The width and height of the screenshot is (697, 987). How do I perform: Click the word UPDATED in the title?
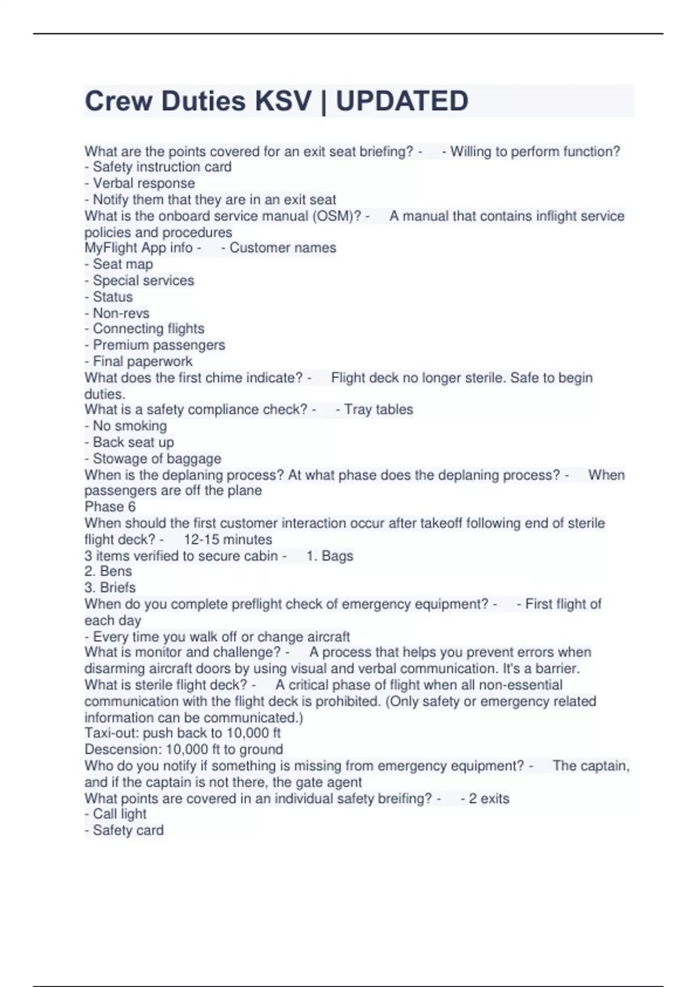402,101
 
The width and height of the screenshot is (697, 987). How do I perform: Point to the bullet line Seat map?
118,264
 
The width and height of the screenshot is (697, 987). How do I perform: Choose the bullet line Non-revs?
117,313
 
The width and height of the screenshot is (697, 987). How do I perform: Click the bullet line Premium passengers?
155,345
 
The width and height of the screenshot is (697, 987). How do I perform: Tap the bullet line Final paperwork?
138,361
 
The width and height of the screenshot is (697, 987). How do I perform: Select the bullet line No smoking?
125,426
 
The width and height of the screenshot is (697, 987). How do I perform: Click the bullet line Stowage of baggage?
153,459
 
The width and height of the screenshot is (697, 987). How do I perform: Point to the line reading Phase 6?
110,506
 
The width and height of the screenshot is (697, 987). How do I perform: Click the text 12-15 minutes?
228,539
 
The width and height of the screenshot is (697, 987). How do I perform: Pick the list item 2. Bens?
108,571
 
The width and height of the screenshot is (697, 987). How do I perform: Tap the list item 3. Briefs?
110,588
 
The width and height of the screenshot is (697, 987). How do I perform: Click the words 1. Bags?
329,556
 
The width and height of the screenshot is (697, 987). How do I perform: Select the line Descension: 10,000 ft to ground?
184,749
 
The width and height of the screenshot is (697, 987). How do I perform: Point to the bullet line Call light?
115,814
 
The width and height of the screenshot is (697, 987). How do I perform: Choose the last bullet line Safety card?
124,830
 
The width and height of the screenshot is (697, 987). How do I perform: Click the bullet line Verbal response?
139,183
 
